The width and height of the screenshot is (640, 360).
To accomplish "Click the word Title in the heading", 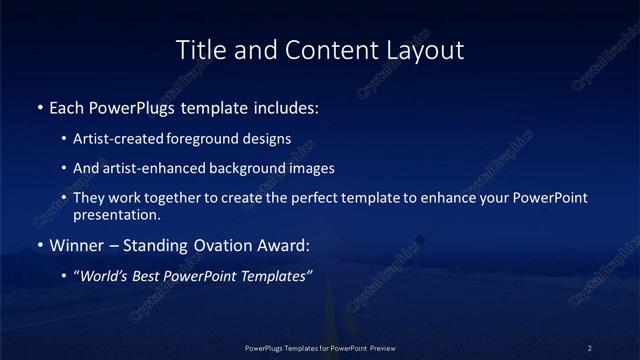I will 199,49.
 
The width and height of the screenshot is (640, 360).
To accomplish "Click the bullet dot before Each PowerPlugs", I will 39,106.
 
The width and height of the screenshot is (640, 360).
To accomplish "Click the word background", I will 233,168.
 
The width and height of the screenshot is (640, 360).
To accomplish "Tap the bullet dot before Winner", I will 39,245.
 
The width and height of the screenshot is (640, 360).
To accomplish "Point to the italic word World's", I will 104,276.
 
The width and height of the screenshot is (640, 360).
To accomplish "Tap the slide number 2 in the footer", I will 589,347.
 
